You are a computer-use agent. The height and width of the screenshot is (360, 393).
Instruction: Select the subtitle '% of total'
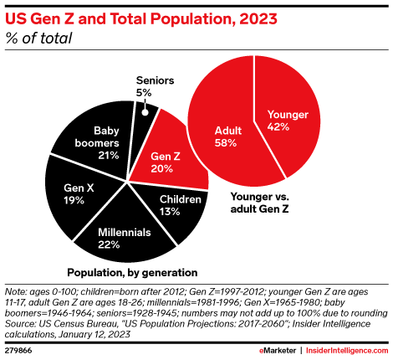click(38, 39)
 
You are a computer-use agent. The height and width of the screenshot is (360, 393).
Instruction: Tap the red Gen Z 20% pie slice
click(167, 159)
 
